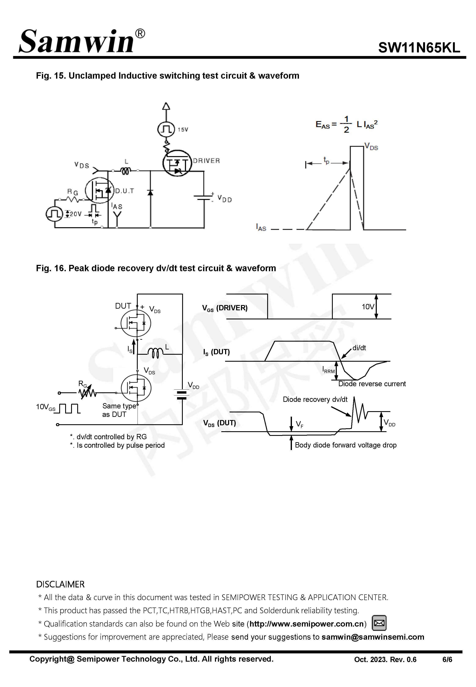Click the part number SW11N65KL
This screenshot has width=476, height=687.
pyautogui.click(x=419, y=48)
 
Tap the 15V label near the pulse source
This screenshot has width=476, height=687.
pyautogui.click(x=183, y=130)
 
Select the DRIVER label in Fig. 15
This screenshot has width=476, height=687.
pyautogui.click(x=206, y=161)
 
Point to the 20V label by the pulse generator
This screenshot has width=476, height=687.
pyautogui.click(x=76, y=214)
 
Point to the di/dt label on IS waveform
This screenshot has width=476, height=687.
pyautogui.click(x=359, y=348)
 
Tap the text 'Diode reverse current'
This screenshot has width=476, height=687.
pyautogui.click(x=372, y=384)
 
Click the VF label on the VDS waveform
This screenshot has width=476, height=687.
pyautogui.click(x=299, y=424)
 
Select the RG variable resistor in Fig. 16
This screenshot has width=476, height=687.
pyautogui.click(x=87, y=393)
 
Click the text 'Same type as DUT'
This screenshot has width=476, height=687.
pyautogui.click(x=119, y=410)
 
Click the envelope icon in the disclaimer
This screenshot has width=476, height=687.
pyautogui.click(x=379, y=623)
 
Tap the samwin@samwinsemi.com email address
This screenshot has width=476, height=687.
pyautogui.click(x=373, y=637)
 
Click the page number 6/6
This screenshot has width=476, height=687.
pyautogui.click(x=447, y=660)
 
